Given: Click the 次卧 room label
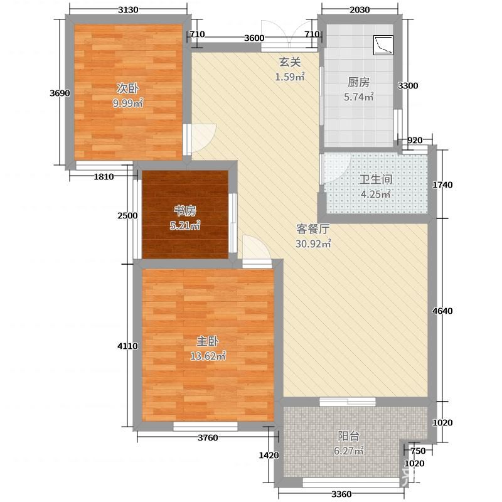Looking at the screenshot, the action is [x=127, y=88].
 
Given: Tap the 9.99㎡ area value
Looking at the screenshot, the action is [x=127, y=103].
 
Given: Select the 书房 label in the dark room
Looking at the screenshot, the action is [x=184, y=211].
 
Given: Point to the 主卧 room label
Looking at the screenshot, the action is [x=208, y=341].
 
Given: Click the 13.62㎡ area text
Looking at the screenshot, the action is [x=208, y=356].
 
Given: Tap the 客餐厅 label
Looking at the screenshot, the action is [x=312, y=229].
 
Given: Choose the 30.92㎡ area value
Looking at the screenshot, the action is [x=312, y=244].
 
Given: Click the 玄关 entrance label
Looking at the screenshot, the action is [x=290, y=61].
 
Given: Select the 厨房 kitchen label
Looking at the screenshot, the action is [x=358, y=82].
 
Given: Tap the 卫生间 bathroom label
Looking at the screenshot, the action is [x=375, y=179].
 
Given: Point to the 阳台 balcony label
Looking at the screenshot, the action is [x=349, y=436].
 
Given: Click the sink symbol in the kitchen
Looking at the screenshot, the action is [x=383, y=45].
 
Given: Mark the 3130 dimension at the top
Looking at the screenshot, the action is [x=128, y=9].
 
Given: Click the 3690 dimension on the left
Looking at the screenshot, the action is [x=60, y=93].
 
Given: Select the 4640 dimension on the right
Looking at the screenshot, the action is [x=442, y=311].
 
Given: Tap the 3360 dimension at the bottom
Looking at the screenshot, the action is [x=341, y=494].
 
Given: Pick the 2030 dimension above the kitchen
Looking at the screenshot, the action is [x=360, y=9].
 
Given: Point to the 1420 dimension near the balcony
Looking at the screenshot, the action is [x=269, y=456].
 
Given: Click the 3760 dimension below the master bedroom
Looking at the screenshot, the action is [x=208, y=437].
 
